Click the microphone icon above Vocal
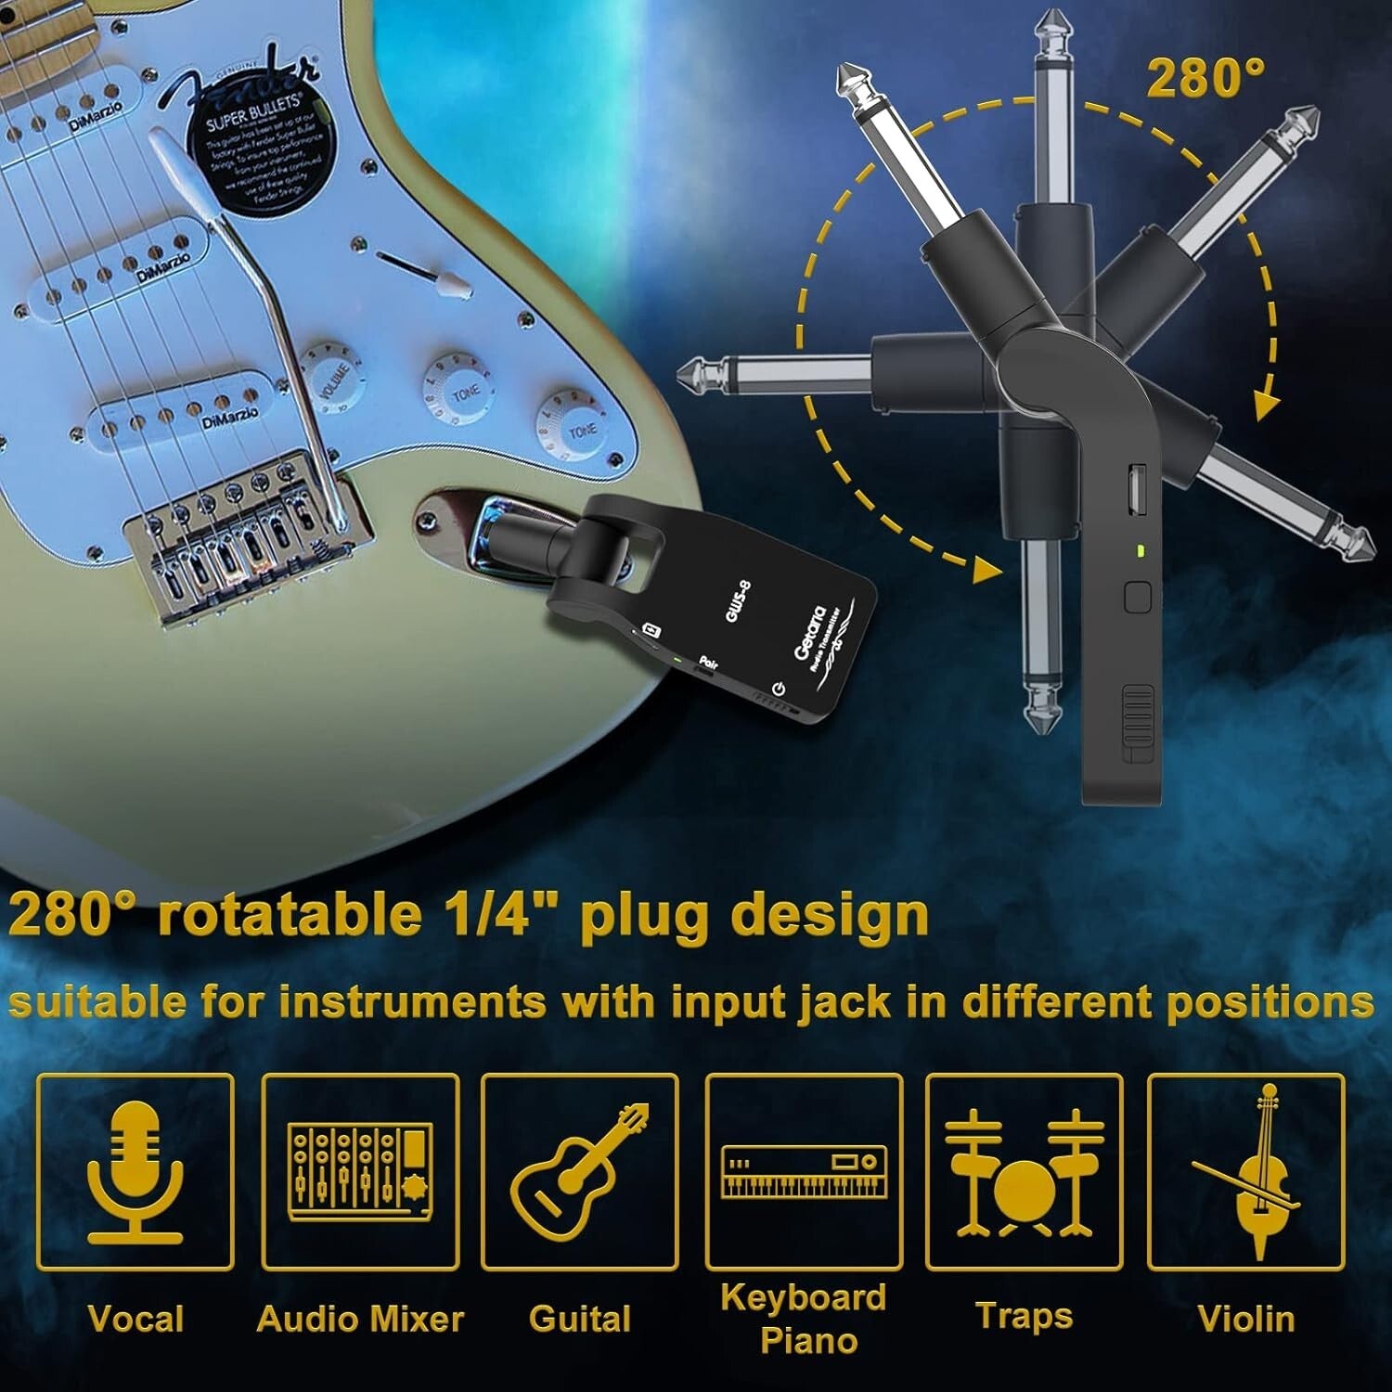point(135,1171)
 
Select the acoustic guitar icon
point(579,1171)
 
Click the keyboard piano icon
point(805,1172)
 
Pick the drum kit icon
point(1025,1172)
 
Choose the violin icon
point(1246,1171)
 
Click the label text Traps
point(1024,1316)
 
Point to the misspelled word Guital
point(579,1319)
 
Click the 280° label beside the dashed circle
point(1205,78)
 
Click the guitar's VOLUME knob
point(332,375)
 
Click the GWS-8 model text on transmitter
point(738,600)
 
